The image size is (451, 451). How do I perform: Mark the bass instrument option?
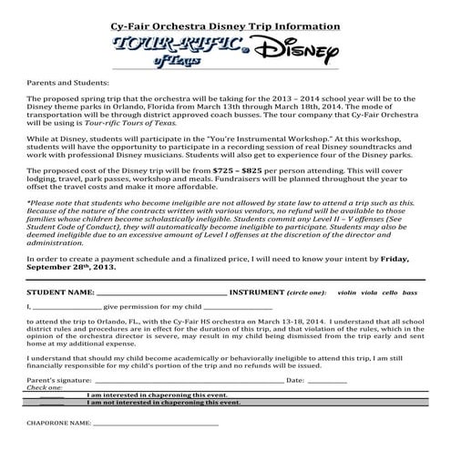pos(411,294)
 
